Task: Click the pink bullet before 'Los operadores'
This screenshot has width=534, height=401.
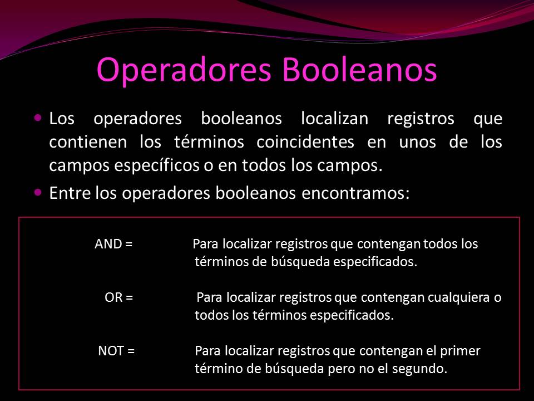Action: (x=38, y=118)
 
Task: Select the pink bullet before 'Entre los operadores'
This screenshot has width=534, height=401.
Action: (x=38, y=192)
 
